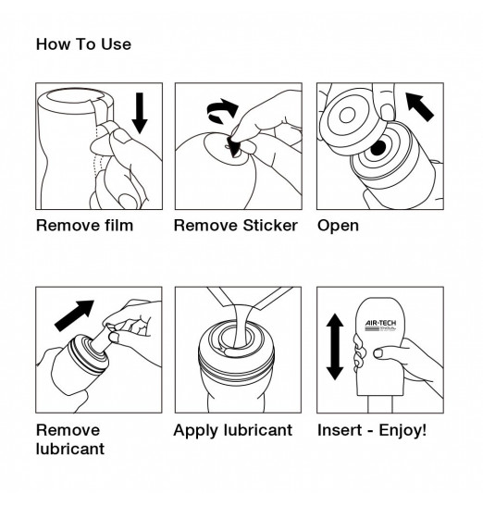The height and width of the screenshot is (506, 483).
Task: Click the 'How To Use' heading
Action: (83, 44)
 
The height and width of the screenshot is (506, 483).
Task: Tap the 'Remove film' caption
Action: (84, 225)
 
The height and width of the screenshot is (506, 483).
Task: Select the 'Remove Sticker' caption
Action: (236, 225)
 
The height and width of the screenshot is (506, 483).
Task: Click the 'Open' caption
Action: (338, 225)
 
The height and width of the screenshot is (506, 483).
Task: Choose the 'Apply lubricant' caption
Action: (233, 430)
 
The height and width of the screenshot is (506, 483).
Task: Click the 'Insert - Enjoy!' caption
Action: (372, 430)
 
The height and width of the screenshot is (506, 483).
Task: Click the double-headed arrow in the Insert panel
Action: (335, 346)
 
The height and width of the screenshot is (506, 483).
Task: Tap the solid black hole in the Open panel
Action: (378, 148)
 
